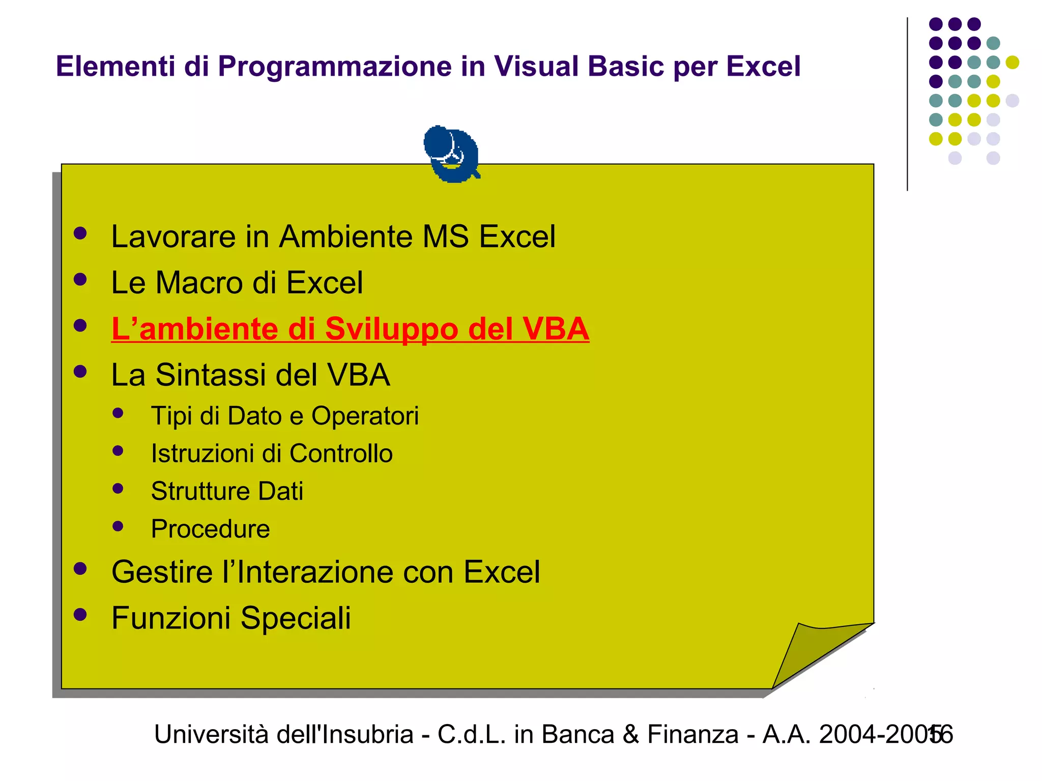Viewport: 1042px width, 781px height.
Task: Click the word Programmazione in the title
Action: (335, 67)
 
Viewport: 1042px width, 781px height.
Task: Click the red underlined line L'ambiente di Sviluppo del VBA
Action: (350, 329)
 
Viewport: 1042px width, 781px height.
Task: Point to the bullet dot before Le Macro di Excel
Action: (80, 279)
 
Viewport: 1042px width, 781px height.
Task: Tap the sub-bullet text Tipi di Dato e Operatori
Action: (285, 416)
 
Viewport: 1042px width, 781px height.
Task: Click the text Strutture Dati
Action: (227, 491)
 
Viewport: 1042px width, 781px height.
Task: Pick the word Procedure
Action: (210, 529)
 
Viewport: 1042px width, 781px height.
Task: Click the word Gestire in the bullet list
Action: (162, 573)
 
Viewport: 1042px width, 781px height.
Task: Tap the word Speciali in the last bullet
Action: (296, 618)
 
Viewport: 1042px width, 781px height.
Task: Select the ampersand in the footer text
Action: (630, 735)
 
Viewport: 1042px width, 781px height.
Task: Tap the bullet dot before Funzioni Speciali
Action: (80, 615)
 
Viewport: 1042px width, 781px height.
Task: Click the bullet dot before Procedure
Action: (118, 526)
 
